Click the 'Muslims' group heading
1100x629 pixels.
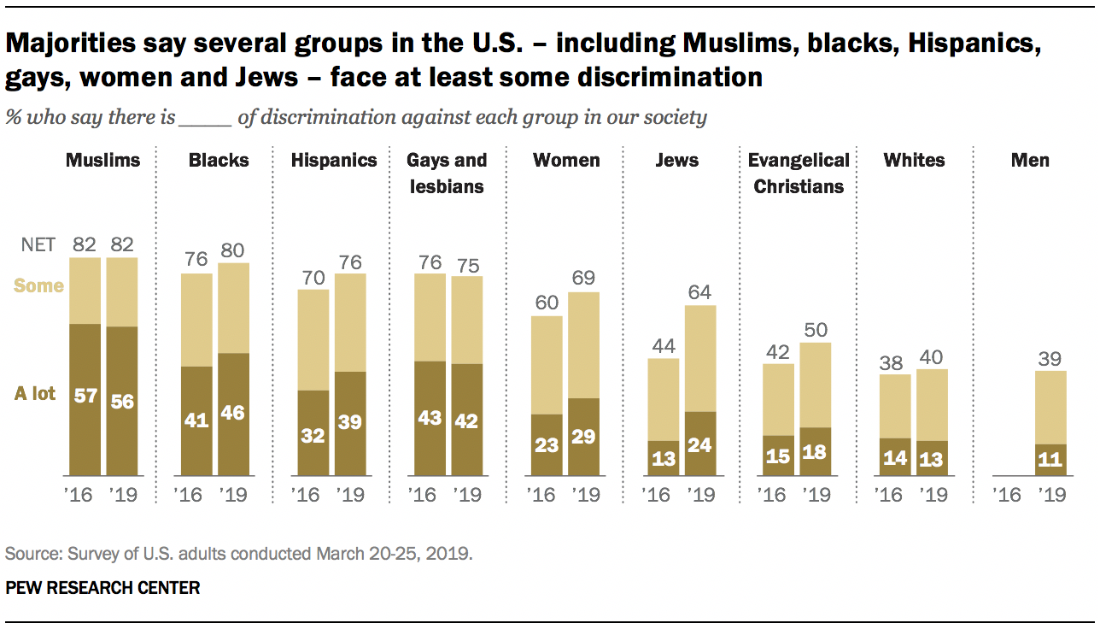103,160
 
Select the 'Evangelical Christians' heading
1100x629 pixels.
799,173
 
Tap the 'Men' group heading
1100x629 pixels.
1029,160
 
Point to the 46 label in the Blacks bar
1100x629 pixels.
231,414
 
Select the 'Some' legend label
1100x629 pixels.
39,285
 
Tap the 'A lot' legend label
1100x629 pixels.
35,394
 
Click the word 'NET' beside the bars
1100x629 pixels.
38,244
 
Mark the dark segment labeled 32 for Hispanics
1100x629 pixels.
313,432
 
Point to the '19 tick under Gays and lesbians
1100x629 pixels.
466,495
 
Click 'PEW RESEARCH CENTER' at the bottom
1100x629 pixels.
102,588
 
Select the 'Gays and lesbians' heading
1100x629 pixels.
447,173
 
